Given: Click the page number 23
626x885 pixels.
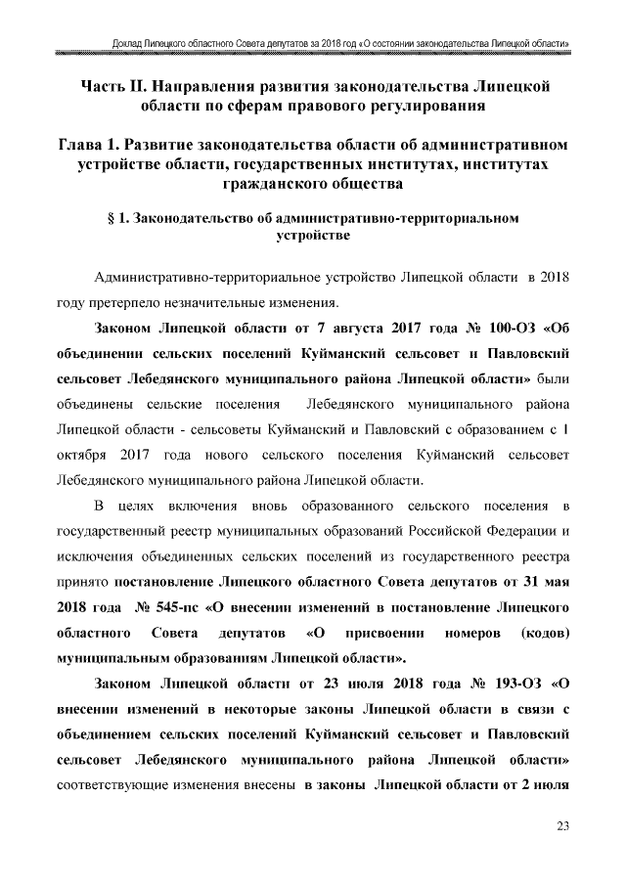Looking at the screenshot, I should (562, 827).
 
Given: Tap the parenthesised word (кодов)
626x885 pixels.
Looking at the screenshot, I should (544, 630).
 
